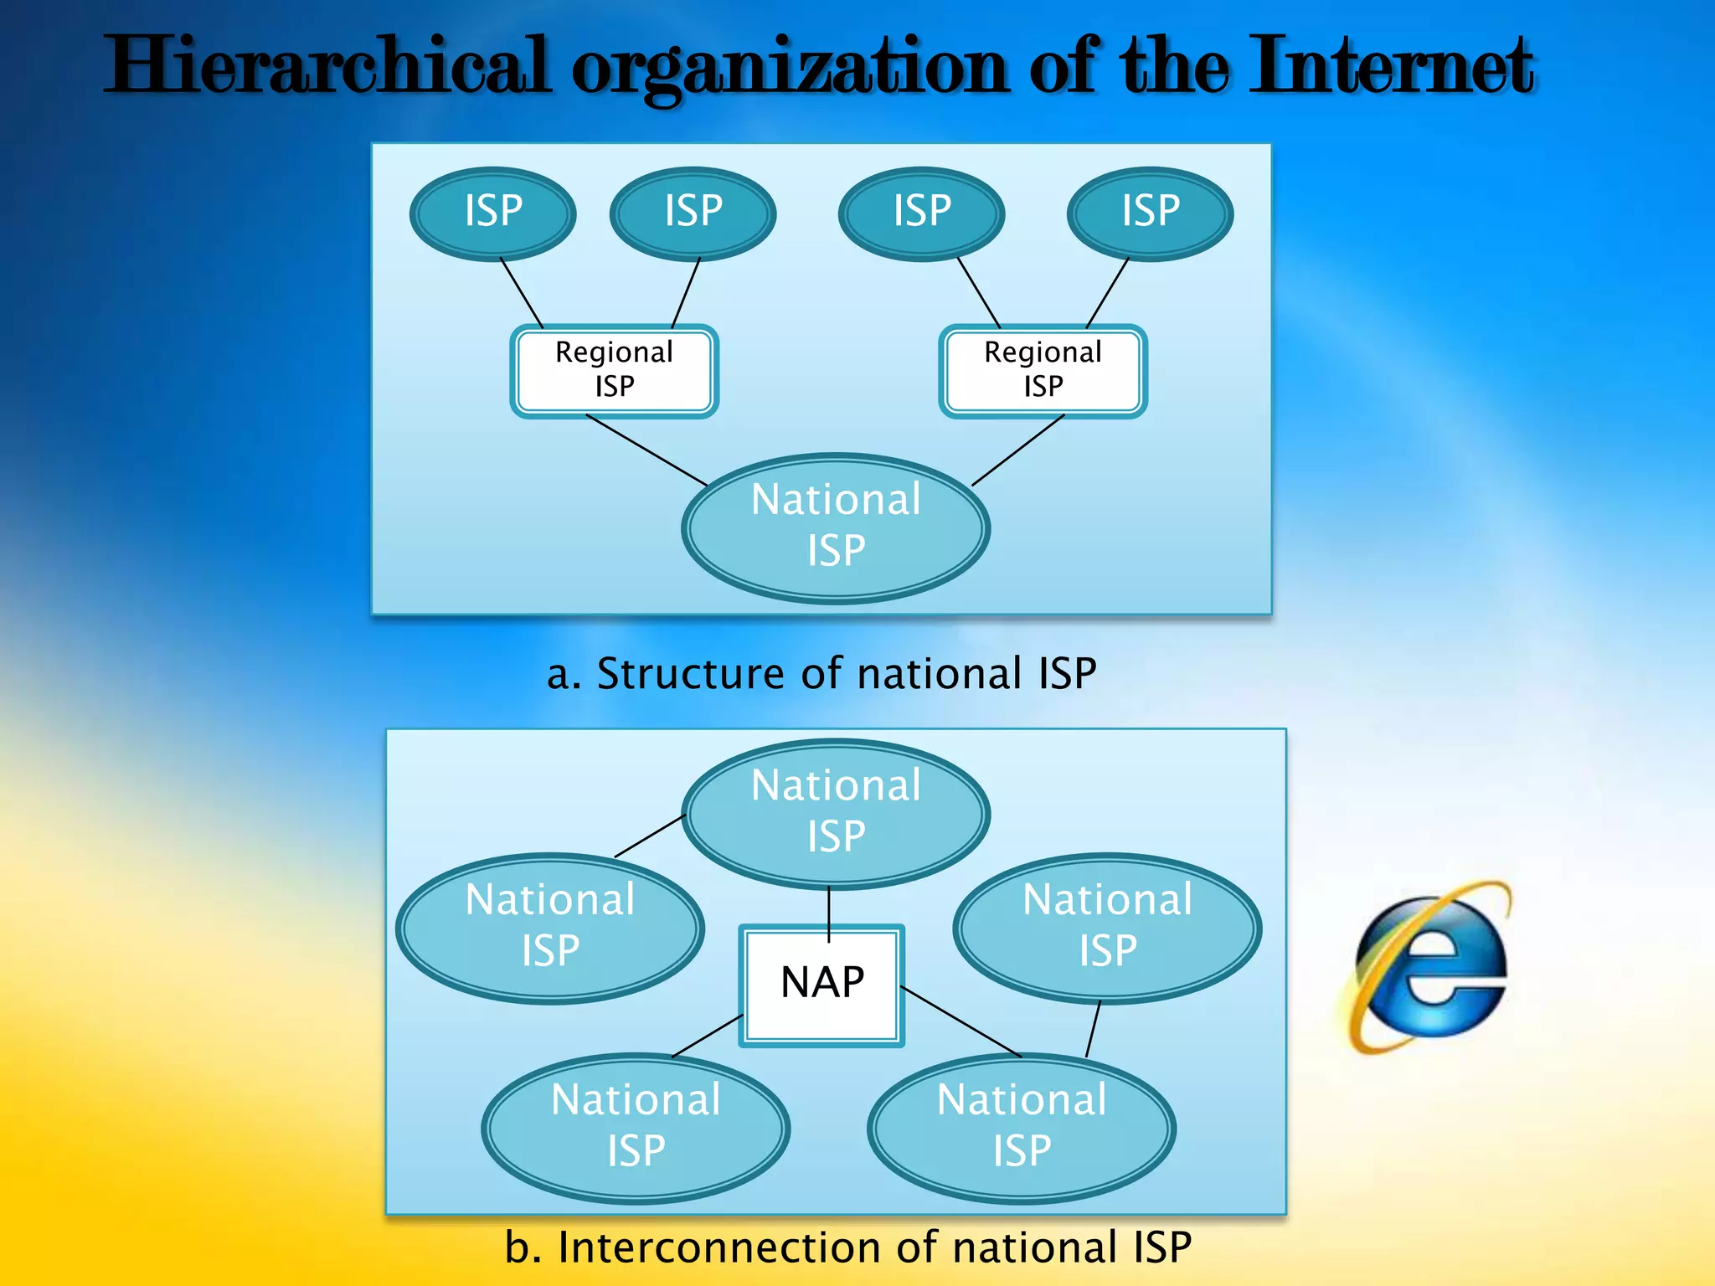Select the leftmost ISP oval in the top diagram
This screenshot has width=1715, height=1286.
pos(493,213)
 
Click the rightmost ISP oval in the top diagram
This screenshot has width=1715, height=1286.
pos(1150,213)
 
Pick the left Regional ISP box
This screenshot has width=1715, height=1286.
pos(615,370)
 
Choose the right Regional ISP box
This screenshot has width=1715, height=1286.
pos(1043,370)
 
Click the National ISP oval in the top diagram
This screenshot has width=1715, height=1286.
pos(836,527)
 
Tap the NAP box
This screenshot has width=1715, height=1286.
pos(821,985)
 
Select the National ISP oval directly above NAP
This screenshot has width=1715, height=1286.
pos(836,812)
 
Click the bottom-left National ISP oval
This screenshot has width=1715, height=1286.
pos(636,1126)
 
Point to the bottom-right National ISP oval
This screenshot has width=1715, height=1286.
pos(1022,1126)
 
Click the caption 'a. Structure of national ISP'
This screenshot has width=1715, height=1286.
pos(821,674)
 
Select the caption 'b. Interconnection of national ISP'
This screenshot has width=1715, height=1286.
pos(847,1247)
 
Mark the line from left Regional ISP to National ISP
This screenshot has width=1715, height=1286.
pos(646,450)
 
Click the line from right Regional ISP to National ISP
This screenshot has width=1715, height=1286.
pos(1017,450)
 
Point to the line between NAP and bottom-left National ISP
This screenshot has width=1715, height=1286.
pos(708,1037)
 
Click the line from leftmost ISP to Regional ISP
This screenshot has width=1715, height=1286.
pos(522,292)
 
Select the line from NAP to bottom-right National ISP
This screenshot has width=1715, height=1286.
pos(961,1022)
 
